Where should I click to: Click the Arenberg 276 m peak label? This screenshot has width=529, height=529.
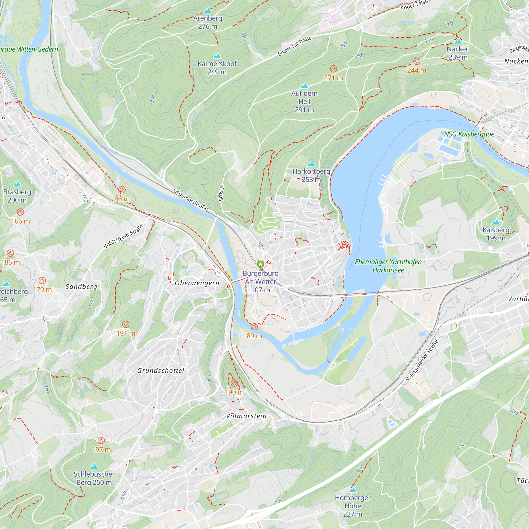tap(208, 22)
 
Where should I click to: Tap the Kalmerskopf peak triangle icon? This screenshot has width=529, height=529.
tap(217, 56)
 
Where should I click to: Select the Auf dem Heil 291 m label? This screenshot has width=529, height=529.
tap(304, 101)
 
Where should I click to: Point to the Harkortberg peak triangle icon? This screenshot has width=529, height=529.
tap(311, 164)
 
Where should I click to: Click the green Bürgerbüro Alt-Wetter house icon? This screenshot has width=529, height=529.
tap(260, 264)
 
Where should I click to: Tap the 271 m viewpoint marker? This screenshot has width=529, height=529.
tap(333, 69)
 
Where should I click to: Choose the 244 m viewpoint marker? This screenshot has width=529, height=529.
tap(417, 61)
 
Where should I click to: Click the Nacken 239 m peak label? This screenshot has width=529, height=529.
tap(458, 53)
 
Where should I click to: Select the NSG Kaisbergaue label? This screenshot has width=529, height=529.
tap(469, 134)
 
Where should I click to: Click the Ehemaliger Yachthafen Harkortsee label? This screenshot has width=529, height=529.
tap(388, 266)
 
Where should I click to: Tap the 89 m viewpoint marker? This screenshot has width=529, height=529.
tap(254, 327)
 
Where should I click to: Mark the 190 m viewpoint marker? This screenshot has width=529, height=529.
tap(234, 383)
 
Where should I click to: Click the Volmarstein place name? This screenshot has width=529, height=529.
tap(246, 416)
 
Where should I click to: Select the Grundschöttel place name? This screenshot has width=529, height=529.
tap(161, 371)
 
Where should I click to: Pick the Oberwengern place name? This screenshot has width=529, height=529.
tap(197, 283)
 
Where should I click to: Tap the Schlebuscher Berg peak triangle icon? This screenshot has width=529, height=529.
tap(94, 466)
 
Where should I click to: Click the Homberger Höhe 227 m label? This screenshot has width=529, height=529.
tap(353, 506)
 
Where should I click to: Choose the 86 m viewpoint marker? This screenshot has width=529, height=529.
tap(122, 190)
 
